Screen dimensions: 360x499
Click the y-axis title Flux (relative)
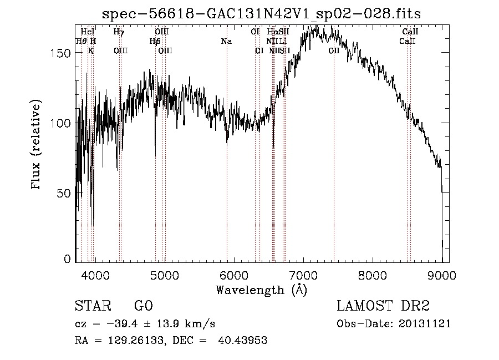pos(37,145)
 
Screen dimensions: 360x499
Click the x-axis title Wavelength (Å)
pos(261,290)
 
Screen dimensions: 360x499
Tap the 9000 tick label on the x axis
pos(442,275)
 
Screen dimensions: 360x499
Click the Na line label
pos(226,42)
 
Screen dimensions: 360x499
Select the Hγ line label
pos(119,32)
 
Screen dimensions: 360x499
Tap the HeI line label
pos(88,32)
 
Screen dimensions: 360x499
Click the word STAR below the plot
pos(92,306)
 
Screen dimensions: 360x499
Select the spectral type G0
pos(143,306)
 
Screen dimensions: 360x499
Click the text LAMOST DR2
pos(384,306)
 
